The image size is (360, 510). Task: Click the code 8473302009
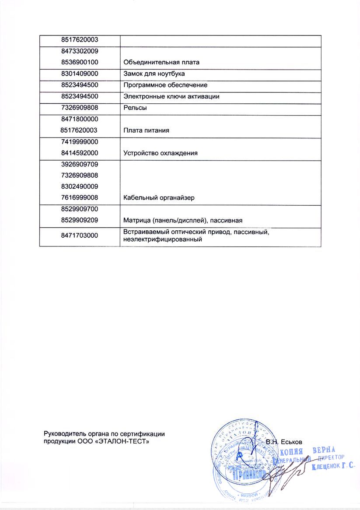click(x=79, y=51)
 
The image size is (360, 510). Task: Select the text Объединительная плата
click(x=161, y=63)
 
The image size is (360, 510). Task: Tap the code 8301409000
click(x=79, y=74)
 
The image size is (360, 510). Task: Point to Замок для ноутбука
click(x=154, y=74)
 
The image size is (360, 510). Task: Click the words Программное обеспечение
click(x=165, y=85)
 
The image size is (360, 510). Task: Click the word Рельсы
click(x=135, y=108)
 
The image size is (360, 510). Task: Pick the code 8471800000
click(x=79, y=119)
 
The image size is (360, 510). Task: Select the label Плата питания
click(x=146, y=130)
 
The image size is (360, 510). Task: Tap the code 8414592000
click(x=79, y=153)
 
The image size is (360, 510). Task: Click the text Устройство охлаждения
click(x=161, y=153)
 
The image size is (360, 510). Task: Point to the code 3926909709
click(x=79, y=164)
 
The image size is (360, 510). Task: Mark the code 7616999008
click(x=79, y=198)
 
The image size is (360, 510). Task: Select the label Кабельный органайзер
click(x=159, y=198)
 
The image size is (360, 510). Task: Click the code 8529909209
click(x=79, y=220)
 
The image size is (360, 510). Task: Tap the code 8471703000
click(x=79, y=236)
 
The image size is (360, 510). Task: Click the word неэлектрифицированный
click(x=163, y=240)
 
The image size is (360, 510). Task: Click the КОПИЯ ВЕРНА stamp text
click(x=307, y=451)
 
